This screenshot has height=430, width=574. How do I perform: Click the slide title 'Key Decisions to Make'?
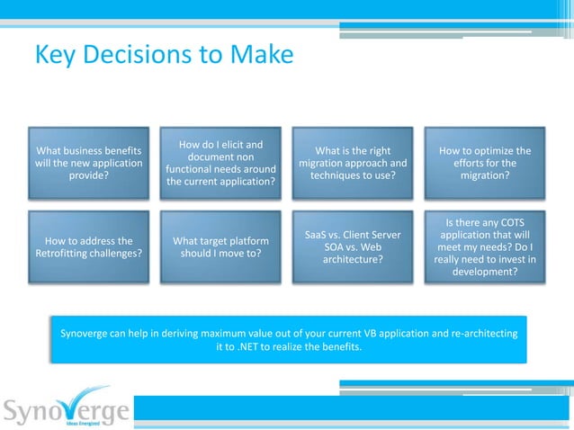click(164, 56)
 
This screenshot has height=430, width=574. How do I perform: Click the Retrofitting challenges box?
click(88, 247)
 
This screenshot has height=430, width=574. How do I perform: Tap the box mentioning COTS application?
click(484, 247)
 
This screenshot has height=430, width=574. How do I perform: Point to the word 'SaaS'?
click(320, 236)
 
